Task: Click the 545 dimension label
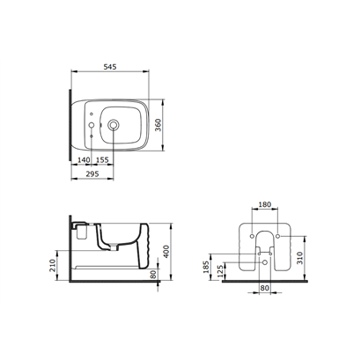coord(110,67)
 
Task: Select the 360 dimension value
coord(158,125)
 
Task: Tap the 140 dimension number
coord(84,159)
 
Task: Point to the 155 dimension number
coord(102,159)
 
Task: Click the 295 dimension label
coord(92,173)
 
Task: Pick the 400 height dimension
coord(166,252)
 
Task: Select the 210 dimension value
coord(53,266)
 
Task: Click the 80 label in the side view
coord(153,275)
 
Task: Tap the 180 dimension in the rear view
coord(265,204)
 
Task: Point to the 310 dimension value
coord(299,258)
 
